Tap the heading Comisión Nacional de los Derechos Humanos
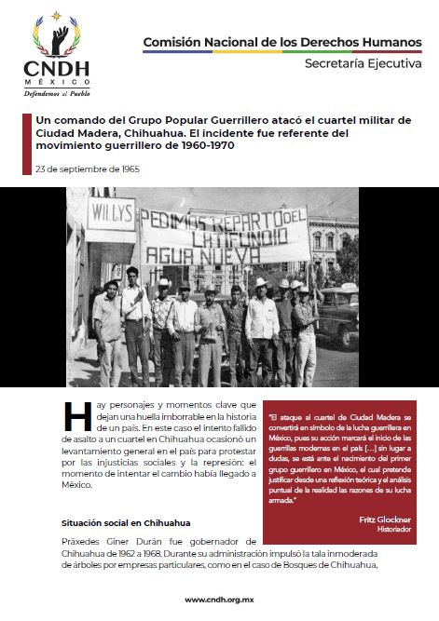[277, 42]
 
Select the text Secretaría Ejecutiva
[359, 63]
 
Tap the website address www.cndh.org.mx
[220, 600]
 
